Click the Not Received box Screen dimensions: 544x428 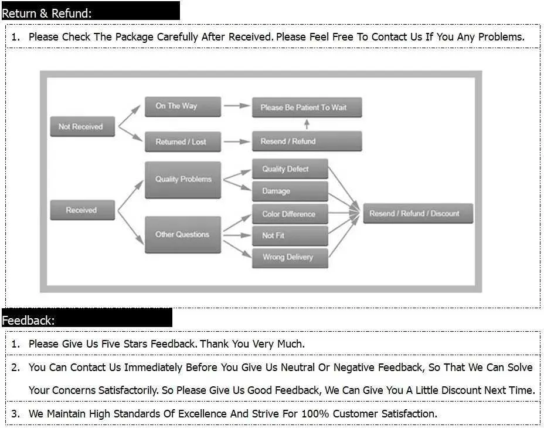point(83,126)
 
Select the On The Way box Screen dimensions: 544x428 point(183,107)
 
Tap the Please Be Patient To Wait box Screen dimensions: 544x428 point(307,107)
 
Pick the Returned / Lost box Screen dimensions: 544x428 point(183,141)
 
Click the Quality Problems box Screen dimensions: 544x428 point(183,180)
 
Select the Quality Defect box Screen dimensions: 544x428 point(290,169)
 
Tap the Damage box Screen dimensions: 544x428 point(290,191)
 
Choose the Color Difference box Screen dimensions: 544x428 point(290,214)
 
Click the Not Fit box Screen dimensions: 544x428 point(290,235)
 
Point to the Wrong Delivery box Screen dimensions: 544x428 point(290,258)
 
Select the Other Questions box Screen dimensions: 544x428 point(183,235)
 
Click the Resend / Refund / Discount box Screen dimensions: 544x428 point(418,213)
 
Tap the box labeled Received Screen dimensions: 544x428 point(83,210)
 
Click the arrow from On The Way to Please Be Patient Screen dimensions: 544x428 point(237,106)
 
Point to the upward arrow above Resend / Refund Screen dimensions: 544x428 point(307,124)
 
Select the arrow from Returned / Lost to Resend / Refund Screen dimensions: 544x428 point(237,141)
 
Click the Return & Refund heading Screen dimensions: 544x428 point(47,13)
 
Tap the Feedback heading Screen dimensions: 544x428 point(29,320)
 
